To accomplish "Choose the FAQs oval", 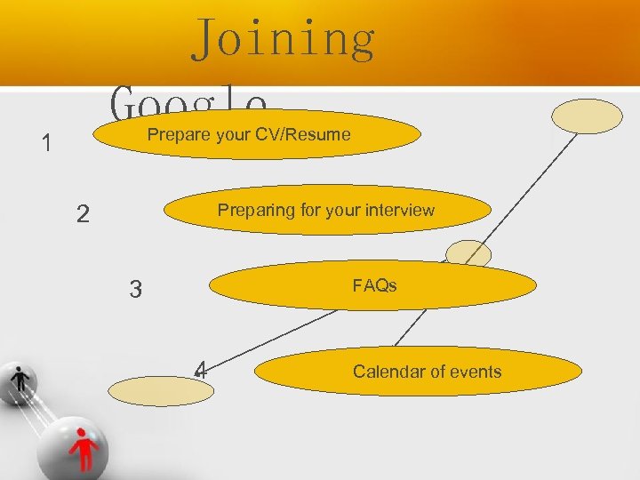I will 373,286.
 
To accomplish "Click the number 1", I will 46,143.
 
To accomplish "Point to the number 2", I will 82,214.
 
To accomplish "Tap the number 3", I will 135,290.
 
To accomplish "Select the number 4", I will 202,369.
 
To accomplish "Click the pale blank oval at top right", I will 587,116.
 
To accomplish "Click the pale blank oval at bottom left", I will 162,389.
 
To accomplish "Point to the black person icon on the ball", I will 21,380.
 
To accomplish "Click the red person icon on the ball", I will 84,445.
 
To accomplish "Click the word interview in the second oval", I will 401,211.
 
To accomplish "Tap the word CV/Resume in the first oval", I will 305,135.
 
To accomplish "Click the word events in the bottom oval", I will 475,372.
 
